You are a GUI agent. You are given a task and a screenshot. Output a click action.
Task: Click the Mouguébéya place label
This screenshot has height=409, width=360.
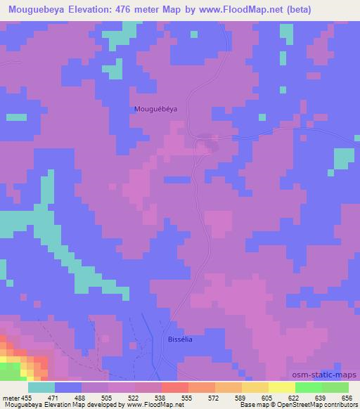click(x=155, y=109)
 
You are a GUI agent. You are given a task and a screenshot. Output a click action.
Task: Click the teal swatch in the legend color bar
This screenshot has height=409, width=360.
click(x=41, y=387)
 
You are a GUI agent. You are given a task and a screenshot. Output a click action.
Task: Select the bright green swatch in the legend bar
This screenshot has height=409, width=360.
click(x=308, y=387)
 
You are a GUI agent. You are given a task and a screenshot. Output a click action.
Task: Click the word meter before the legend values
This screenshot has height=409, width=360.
click(x=11, y=397)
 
